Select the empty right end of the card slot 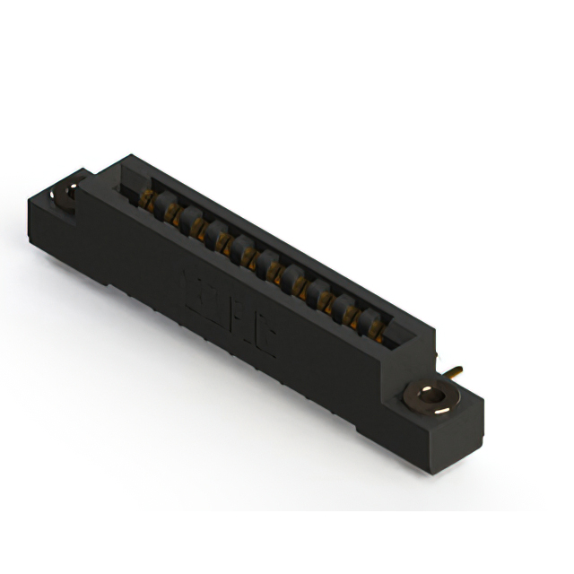coord(404,346)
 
